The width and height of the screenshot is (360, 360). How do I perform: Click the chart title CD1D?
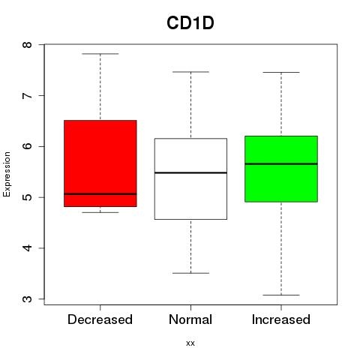click(x=190, y=23)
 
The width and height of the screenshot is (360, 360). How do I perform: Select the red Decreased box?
click(x=100, y=163)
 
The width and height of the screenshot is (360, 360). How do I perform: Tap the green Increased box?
click(x=281, y=169)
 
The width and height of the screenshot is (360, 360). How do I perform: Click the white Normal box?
click(x=190, y=178)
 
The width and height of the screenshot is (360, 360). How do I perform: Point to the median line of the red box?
click(x=100, y=193)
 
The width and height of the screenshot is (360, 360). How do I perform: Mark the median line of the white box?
click(x=190, y=172)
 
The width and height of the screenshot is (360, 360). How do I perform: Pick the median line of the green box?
click(x=281, y=164)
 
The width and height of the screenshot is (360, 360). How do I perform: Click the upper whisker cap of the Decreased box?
click(x=100, y=54)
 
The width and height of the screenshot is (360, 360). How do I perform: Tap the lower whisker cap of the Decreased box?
click(x=100, y=212)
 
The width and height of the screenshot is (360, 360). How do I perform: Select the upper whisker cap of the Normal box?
click(x=190, y=72)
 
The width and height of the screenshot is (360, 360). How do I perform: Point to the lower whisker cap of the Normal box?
click(x=190, y=273)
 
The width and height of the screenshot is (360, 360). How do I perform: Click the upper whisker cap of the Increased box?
click(x=281, y=73)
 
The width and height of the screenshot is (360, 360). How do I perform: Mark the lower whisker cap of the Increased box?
click(x=281, y=295)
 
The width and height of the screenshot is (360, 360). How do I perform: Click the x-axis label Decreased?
click(x=100, y=319)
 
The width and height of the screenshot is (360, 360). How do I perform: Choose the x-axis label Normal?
click(x=190, y=319)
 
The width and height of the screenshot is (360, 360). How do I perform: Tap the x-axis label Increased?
click(x=281, y=319)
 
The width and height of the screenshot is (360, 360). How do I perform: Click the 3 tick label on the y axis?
click(x=27, y=299)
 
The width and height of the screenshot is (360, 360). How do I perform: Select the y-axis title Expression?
click(x=7, y=174)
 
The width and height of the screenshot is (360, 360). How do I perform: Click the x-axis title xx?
click(x=190, y=343)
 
